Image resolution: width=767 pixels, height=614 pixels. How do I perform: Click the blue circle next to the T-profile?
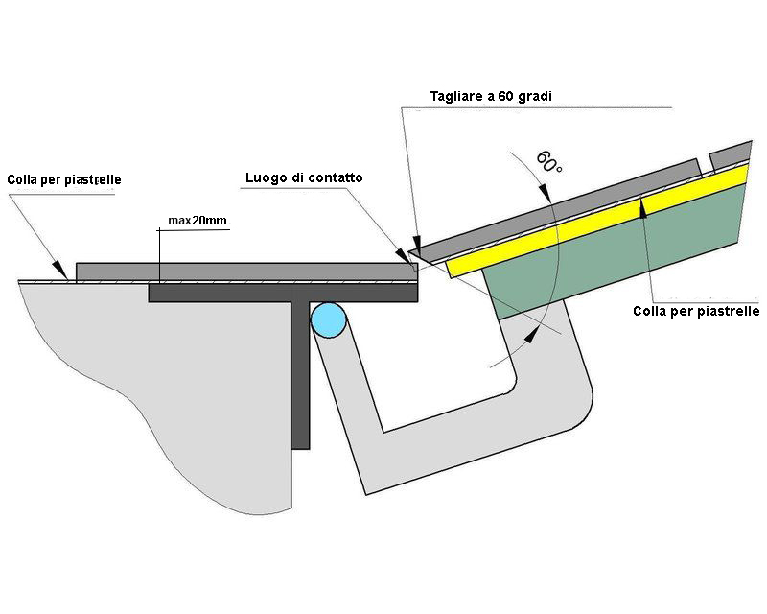point(329,320)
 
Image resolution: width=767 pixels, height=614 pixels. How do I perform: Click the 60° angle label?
point(548,162)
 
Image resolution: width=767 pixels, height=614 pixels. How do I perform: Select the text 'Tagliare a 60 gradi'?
point(491,96)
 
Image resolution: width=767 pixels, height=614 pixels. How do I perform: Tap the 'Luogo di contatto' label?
point(304,177)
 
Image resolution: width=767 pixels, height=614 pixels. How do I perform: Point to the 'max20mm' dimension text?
point(198,221)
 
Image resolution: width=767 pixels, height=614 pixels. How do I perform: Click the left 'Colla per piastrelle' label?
point(64,179)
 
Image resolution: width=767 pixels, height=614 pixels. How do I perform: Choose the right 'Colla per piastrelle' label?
point(696,311)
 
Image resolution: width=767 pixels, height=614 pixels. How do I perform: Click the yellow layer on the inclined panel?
point(596,222)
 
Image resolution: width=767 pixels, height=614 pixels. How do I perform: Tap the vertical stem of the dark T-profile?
point(300,374)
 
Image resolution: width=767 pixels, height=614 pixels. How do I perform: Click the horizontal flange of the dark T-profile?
point(283,293)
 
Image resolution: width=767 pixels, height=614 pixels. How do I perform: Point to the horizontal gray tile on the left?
point(246,272)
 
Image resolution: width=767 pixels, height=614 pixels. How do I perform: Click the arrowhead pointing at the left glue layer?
point(60,270)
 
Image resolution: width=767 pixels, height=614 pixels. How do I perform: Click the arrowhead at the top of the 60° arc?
point(545,192)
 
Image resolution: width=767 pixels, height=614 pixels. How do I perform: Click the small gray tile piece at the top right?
point(730,154)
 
